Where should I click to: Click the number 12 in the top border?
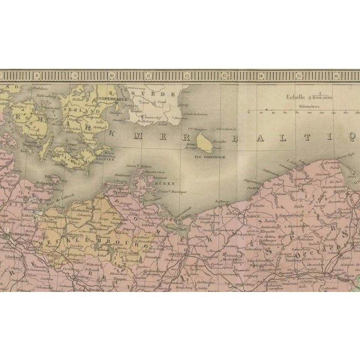click(186, 75)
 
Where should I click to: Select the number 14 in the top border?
click(260, 75)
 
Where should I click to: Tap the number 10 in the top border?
click(111, 75)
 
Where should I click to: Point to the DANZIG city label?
click(354, 192)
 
